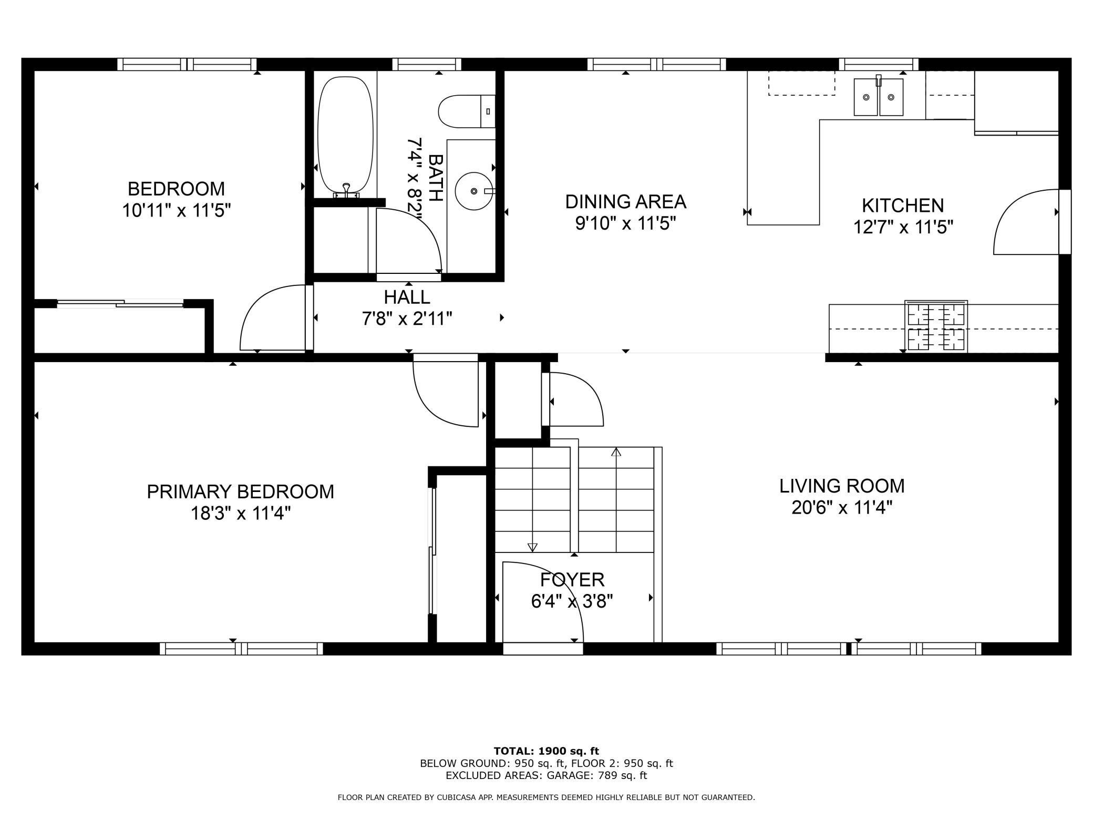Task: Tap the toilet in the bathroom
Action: [466, 111]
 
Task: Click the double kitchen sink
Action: [878, 97]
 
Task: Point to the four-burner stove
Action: [936, 326]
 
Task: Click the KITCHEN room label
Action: [902, 205]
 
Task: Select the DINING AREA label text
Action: [625, 201]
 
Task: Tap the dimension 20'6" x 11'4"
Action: [842, 508]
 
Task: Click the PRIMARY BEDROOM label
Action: [240, 491]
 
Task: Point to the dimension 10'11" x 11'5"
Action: [177, 211]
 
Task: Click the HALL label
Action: [407, 297]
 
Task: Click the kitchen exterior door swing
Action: [1025, 223]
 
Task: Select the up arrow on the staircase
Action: [616, 452]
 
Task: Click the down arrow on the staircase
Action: [532, 547]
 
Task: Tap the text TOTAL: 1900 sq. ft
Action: [546, 751]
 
